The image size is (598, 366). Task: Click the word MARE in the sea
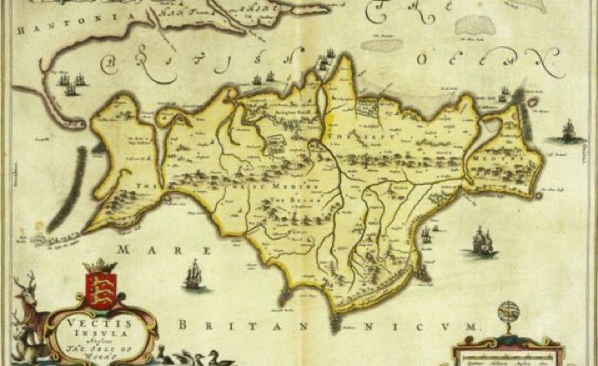tap(154, 249)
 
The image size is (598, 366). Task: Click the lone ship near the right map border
tap(569, 132)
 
